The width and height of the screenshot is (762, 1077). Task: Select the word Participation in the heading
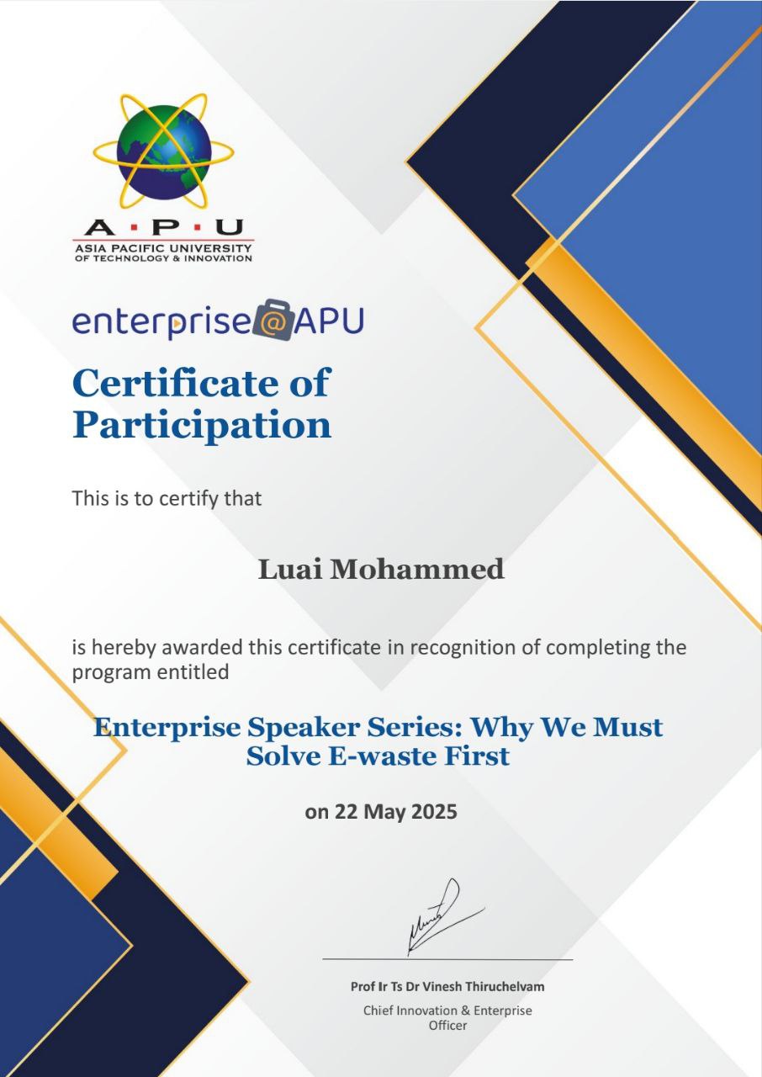202,425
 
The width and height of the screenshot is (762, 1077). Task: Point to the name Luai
289,570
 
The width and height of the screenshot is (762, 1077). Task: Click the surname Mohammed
416,570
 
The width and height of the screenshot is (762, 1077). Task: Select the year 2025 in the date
434,813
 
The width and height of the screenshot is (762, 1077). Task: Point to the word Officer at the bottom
447,1026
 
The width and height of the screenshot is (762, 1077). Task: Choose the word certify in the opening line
178,498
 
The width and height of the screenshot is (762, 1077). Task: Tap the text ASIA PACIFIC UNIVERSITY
163,248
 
